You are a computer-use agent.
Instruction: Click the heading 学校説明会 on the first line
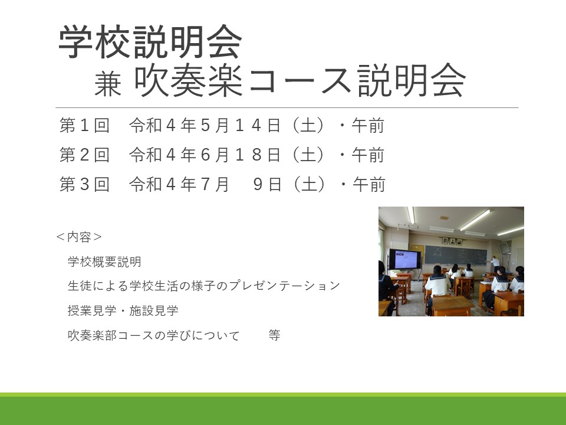point(150,41)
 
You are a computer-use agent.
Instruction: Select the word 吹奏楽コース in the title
point(242,80)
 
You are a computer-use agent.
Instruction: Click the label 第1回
point(84,125)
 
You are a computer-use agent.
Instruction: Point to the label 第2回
point(84,155)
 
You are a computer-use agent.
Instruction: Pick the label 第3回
point(84,184)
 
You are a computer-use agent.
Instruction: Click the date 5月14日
point(241,125)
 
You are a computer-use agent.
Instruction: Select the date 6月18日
point(241,155)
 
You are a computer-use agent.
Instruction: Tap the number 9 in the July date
point(258,184)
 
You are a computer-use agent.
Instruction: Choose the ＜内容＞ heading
point(79,237)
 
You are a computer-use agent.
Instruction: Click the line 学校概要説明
point(104,261)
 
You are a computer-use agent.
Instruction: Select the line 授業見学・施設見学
point(123,310)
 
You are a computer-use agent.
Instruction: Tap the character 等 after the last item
point(274,335)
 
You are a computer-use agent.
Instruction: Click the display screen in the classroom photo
point(406,259)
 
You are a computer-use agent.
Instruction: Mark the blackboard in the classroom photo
point(456,255)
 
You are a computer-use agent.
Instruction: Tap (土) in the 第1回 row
point(308,125)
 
